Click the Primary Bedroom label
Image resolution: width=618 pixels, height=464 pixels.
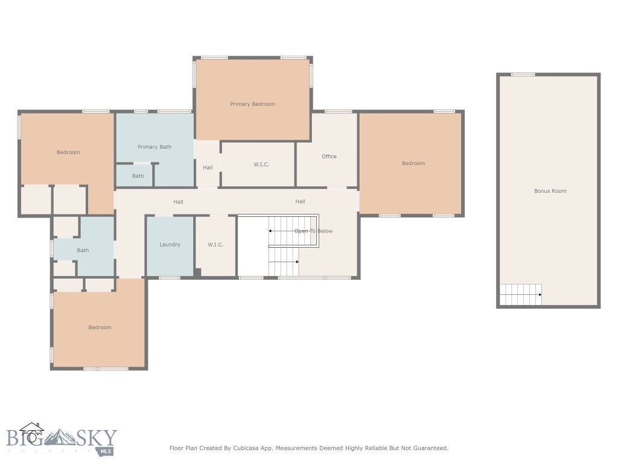coord(253,104)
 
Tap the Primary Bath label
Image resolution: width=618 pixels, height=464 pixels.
coord(154,147)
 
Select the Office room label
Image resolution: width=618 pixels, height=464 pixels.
coord(329,156)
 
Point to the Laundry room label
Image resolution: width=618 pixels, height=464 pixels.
coord(170,245)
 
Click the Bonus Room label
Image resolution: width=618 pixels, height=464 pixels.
coord(550,191)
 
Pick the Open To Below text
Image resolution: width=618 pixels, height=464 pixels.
coord(313,231)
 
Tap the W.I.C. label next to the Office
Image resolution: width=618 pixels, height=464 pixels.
coord(261,164)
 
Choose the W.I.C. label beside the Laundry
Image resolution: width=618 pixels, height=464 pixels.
coord(215,245)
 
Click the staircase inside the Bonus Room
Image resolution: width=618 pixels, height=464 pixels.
coord(521,294)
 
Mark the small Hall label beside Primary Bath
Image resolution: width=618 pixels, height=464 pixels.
coord(208,168)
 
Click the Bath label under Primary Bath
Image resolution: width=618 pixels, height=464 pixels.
coord(138,176)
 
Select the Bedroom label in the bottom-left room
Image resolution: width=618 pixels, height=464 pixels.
coord(100,327)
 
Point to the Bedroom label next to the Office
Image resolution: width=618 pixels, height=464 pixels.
coord(413,163)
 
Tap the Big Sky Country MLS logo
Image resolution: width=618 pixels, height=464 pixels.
coord(62,439)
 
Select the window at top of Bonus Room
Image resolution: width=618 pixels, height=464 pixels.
coord(523,74)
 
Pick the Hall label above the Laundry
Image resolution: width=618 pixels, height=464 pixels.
coord(178,202)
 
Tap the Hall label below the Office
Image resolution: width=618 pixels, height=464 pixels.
coord(301,202)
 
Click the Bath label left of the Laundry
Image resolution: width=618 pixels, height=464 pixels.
coord(83,251)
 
